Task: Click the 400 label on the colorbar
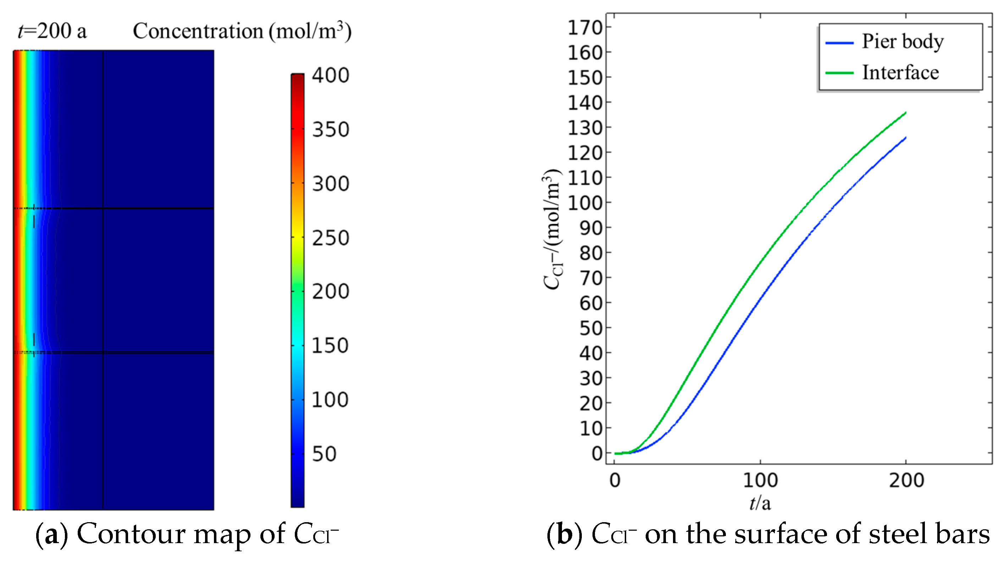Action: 330,75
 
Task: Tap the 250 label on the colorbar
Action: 330,238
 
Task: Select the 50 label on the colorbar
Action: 324,454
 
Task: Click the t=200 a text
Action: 52,31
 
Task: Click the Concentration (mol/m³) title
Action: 242,31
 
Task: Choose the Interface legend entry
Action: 900,72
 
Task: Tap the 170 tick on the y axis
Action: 585,28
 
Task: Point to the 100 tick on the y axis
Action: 585,203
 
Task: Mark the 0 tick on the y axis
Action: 597,453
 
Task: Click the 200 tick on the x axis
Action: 906,480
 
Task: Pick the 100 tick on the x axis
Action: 760,480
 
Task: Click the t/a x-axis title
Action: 760,503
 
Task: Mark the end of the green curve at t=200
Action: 905,113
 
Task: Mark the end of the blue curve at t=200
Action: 905,138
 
